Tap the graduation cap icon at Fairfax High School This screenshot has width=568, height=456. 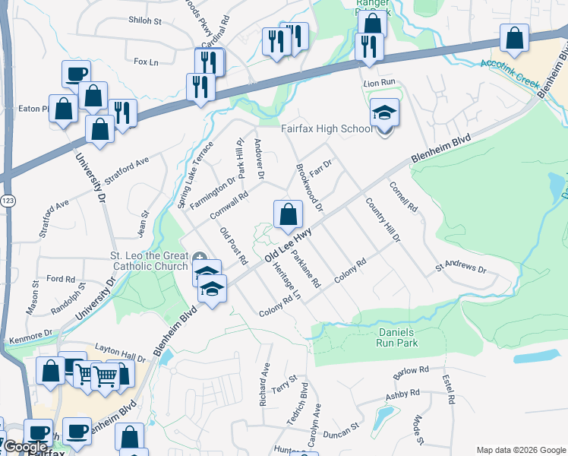pyautogui.click(x=385, y=114)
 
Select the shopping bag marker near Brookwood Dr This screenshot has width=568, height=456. pyautogui.click(x=288, y=215)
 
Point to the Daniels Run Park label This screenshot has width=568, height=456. pyautogui.click(x=397, y=337)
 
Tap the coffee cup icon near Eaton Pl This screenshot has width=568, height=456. pyautogui.click(x=76, y=74)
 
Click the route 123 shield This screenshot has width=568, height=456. pyautogui.click(x=8, y=200)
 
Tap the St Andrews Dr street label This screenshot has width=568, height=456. pyautogui.click(x=460, y=268)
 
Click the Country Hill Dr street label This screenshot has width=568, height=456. pyautogui.click(x=382, y=220)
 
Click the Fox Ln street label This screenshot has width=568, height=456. pyautogui.click(x=144, y=61)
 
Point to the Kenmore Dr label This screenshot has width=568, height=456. pyautogui.click(x=30, y=335)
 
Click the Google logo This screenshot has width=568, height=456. pyautogui.click(x=24, y=448)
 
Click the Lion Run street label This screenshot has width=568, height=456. pyautogui.click(x=380, y=81)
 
